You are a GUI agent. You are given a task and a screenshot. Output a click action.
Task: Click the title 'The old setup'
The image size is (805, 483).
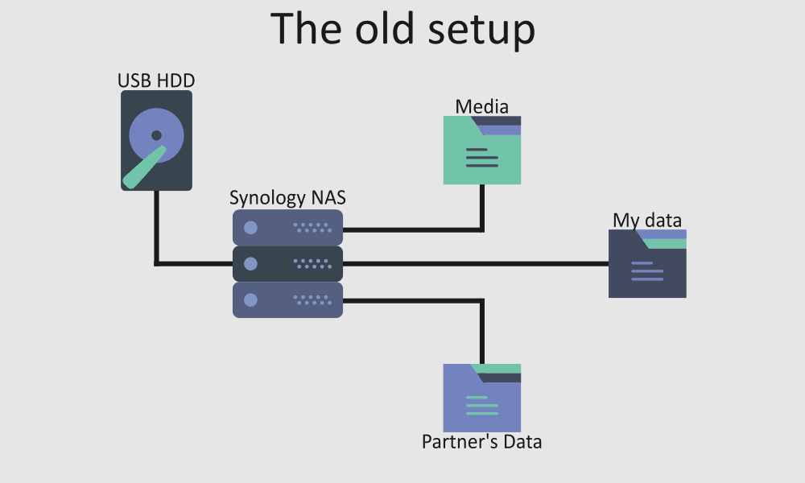point(402,30)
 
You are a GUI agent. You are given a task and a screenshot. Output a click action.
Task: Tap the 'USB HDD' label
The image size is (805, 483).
point(156,80)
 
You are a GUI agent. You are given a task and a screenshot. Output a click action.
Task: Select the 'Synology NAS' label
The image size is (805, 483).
point(287,198)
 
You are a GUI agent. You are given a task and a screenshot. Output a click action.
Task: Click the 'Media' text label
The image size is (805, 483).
point(481,106)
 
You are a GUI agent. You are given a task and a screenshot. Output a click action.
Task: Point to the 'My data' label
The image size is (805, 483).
point(647,220)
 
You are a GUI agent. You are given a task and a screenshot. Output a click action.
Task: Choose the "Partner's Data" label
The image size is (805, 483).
point(481,442)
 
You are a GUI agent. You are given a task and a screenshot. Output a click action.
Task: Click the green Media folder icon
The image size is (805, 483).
point(481,153)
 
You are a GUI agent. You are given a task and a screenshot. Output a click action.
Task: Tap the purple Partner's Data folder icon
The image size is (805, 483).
point(481,400)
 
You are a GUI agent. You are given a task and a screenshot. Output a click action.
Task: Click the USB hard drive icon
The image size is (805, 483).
point(156,140)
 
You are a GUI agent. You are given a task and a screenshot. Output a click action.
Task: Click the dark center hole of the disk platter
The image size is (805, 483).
point(156,135)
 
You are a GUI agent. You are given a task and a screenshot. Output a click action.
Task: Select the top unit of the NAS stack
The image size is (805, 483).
point(287,228)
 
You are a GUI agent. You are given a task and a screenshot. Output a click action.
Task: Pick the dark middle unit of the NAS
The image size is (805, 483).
point(287,263)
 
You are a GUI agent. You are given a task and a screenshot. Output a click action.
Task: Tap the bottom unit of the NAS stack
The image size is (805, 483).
point(287,299)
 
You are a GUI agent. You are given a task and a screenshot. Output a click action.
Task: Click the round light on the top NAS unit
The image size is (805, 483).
point(250,228)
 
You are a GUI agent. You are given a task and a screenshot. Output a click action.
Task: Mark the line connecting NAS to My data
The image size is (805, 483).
point(483,263)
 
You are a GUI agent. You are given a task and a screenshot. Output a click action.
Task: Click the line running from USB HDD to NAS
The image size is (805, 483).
point(156,233)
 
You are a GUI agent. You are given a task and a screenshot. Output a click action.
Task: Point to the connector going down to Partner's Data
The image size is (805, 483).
point(481,330)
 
